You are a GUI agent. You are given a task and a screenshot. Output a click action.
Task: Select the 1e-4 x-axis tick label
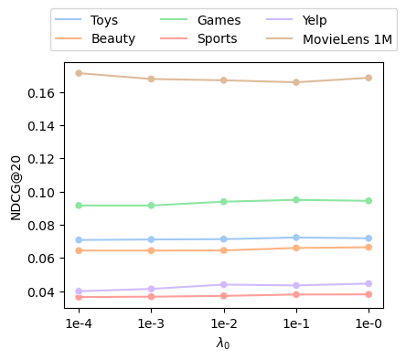[x=79, y=323]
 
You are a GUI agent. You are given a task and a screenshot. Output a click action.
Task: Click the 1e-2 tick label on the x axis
[x=224, y=323]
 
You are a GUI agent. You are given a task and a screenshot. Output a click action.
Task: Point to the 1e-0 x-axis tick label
[x=369, y=323]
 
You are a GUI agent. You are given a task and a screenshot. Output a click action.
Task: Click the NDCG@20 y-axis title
[x=16, y=188]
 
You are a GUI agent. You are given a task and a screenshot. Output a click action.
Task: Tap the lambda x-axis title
[x=223, y=343]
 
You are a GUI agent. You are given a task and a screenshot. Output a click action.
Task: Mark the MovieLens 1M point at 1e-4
[x=79, y=73]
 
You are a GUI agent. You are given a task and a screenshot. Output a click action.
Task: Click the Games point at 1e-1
[x=296, y=200]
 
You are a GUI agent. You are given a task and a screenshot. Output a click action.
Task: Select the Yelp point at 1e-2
[x=224, y=284]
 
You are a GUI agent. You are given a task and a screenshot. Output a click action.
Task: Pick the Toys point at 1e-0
[x=369, y=238]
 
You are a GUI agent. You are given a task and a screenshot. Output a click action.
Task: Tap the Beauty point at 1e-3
[x=151, y=250]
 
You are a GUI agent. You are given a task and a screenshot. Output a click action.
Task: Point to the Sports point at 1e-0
[x=369, y=294]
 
